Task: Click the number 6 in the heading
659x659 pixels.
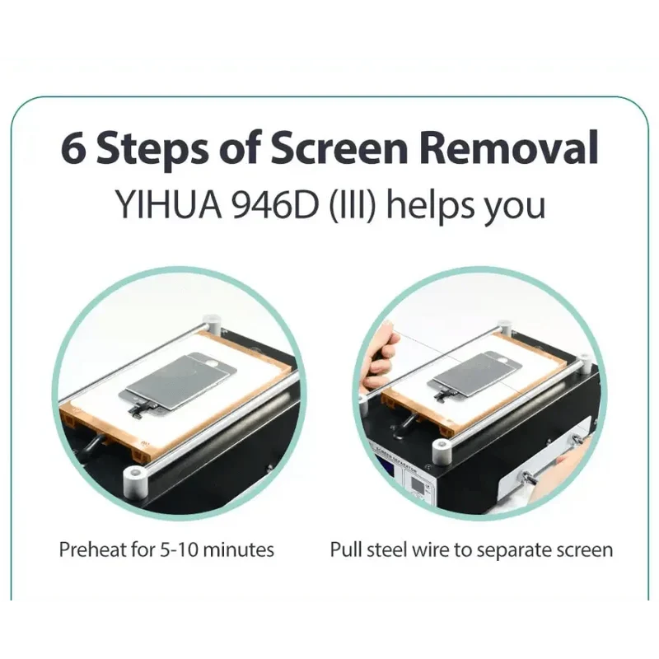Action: [74, 149]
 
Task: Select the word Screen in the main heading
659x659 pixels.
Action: [339, 147]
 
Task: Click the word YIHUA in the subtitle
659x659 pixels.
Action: [168, 204]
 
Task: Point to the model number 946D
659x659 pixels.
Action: [275, 204]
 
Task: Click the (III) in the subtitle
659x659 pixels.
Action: [352, 205]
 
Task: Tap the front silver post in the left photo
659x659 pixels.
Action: [135, 481]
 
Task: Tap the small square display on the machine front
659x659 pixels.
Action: [418, 485]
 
